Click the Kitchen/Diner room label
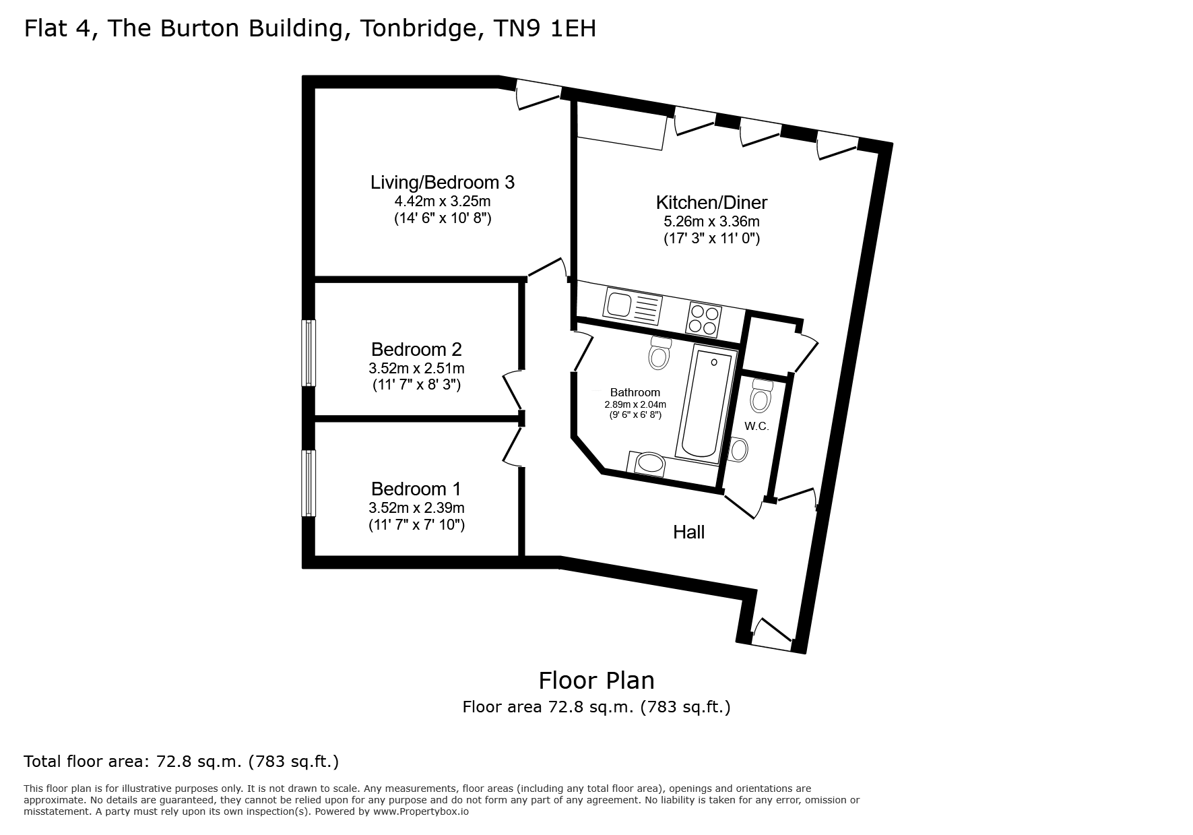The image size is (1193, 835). (x=711, y=202)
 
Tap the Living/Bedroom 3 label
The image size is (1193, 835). (x=443, y=182)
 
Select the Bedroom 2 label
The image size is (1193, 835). (x=416, y=349)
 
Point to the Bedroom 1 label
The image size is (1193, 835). (x=416, y=489)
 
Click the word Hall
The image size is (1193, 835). (x=688, y=532)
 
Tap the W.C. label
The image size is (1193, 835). (x=756, y=426)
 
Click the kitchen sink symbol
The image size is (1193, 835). (x=633, y=303)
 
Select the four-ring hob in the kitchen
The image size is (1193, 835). (x=705, y=319)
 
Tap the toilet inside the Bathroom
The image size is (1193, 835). (x=659, y=353)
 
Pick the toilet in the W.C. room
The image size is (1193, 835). (x=761, y=396)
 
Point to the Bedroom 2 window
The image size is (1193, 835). (x=308, y=352)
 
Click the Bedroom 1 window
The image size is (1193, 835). (x=308, y=483)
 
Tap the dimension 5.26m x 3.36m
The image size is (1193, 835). (x=711, y=221)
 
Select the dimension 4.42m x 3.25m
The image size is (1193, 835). (x=443, y=201)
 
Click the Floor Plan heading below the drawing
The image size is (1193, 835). (x=596, y=681)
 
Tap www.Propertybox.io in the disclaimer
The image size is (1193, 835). (x=420, y=812)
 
